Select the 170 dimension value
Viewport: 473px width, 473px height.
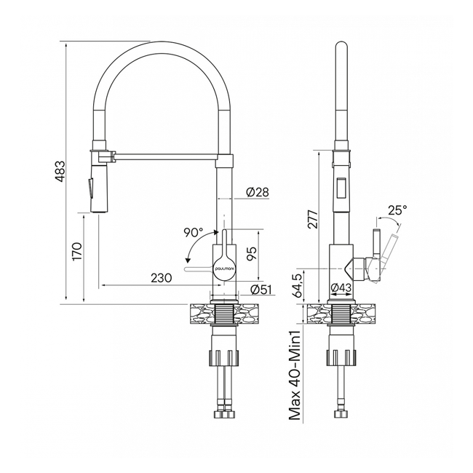[x=77, y=251]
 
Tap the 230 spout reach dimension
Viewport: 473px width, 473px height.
[x=161, y=277]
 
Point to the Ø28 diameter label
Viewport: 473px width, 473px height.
[x=258, y=192]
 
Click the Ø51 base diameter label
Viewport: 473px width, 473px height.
[x=261, y=290]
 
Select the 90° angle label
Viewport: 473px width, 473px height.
[x=193, y=233]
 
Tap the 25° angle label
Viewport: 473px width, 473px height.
[x=397, y=210]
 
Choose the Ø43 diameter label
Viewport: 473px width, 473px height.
[x=342, y=289]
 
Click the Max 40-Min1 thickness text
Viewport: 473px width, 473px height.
[x=295, y=375]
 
